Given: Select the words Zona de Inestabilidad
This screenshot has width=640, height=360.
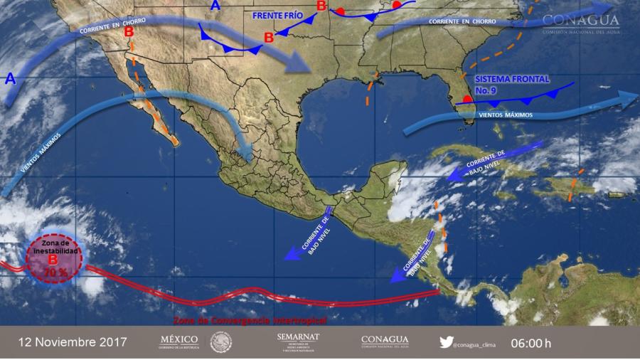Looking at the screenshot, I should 55,248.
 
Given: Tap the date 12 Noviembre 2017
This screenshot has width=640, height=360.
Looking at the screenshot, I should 73,342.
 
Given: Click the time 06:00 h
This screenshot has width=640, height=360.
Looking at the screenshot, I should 530,343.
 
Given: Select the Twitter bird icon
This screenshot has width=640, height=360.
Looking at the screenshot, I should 446,342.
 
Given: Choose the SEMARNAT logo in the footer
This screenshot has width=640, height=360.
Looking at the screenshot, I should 298,342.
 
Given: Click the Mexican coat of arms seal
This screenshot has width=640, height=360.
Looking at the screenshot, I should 220,342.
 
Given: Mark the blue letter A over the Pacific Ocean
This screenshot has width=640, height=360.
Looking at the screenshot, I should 11,78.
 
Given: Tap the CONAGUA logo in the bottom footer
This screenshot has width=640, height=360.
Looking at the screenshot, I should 385,342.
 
